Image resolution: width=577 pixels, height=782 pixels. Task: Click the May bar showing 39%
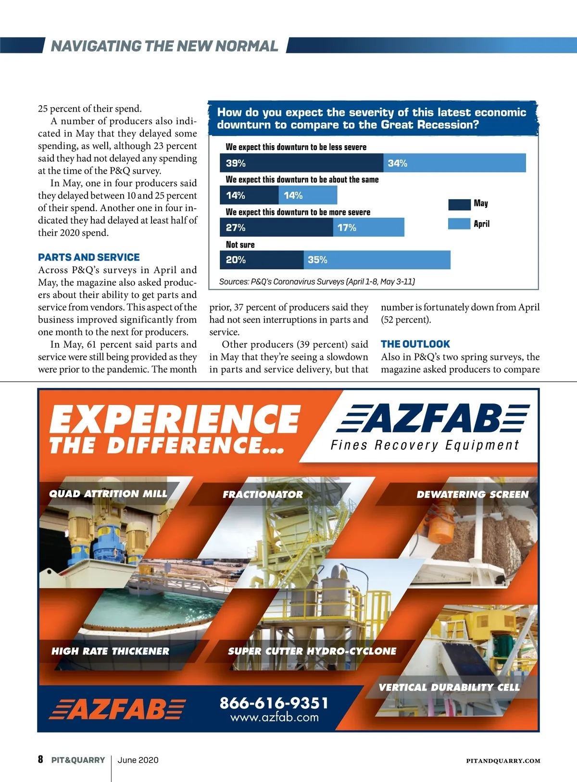pos(301,163)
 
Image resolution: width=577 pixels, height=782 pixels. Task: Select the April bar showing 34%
pos(454,163)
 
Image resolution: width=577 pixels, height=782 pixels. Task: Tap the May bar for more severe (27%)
pos(276,227)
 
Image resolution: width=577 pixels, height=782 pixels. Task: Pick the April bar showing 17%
pos(369,227)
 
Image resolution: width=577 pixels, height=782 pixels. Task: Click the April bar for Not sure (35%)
pos(377,260)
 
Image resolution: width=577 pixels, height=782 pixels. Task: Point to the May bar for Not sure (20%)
pos(262,260)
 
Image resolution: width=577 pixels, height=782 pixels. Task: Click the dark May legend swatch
pos(459,204)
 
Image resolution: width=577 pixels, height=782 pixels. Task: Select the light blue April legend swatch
pos(459,224)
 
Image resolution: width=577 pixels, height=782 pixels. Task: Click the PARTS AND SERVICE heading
pos(89,257)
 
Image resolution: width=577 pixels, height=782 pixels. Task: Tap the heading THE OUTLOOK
pos(415,344)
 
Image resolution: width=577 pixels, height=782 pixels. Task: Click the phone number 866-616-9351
pos(274,703)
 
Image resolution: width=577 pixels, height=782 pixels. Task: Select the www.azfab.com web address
pos(274,718)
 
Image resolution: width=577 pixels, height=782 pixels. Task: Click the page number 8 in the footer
pos(40,759)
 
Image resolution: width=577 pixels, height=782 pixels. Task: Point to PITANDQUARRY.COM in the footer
pos(503,761)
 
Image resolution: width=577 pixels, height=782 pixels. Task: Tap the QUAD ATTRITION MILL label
pos(108,494)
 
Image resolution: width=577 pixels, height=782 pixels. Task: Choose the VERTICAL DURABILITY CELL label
pos(449,687)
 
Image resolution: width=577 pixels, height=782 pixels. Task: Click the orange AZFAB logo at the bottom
pos(117,708)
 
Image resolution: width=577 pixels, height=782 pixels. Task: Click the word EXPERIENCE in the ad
pos(175,419)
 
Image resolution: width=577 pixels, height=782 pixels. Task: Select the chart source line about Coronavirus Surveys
pos(317,281)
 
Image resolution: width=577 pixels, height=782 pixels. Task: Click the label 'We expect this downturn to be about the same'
pos(302,179)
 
